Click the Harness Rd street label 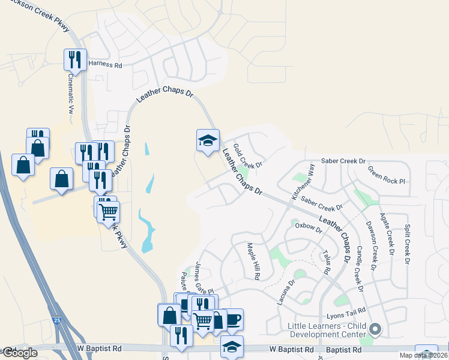pyautogui.click(x=105, y=63)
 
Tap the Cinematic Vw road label pyautogui.click(x=70, y=94)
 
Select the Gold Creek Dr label pyautogui.click(x=248, y=156)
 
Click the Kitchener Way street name pyautogui.click(x=303, y=181)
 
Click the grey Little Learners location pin pyautogui.click(x=376, y=329)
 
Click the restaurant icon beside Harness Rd pyautogui.click(x=73, y=59)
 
